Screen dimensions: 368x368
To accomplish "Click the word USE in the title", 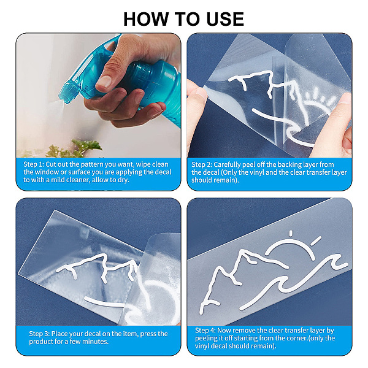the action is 225,19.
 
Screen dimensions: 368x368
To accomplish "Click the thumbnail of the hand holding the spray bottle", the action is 105,80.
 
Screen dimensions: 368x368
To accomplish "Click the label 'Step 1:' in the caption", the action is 34,164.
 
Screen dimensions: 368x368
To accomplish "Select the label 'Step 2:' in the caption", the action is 202,164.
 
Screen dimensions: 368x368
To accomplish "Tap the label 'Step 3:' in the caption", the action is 39,334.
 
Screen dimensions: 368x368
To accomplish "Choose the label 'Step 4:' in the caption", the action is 205,331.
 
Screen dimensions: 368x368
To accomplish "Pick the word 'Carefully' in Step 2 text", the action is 227,165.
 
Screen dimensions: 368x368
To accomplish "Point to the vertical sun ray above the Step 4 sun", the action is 291,233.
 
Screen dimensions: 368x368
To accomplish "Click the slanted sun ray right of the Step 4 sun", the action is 316,241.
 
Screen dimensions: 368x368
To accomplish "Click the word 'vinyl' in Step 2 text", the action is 258,172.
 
